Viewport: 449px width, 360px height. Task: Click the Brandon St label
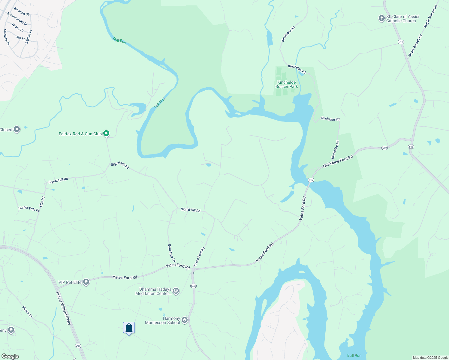coord(21,12)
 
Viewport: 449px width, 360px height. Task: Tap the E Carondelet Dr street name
coord(17,19)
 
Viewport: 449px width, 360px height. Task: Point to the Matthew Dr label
coord(6,37)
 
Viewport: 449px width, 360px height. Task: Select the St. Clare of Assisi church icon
coord(381,19)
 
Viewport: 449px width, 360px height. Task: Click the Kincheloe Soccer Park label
coord(287,84)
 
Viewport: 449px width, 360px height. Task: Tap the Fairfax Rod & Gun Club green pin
coord(106,133)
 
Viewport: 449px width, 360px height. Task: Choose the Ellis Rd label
coord(42,202)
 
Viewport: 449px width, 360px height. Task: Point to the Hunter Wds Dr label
coord(29,209)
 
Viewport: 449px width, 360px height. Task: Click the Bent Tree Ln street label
coord(171,253)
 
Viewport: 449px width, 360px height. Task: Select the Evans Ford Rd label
coord(199,257)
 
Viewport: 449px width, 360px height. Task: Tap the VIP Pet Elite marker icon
coord(86,282)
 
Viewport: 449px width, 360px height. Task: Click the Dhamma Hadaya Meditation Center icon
coord(176,291)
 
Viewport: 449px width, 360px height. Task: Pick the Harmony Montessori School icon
coord(185,320)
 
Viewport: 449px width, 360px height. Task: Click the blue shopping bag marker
coord(129,328)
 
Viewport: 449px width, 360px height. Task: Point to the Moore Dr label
coord(27,312)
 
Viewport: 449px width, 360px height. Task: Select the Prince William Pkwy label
coord(64,308)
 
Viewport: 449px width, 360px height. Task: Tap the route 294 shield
coord(78,346)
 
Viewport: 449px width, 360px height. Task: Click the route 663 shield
coord(193,286)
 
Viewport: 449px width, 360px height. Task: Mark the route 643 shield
coord(411,146)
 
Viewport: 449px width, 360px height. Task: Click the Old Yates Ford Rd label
coord(338,162)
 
